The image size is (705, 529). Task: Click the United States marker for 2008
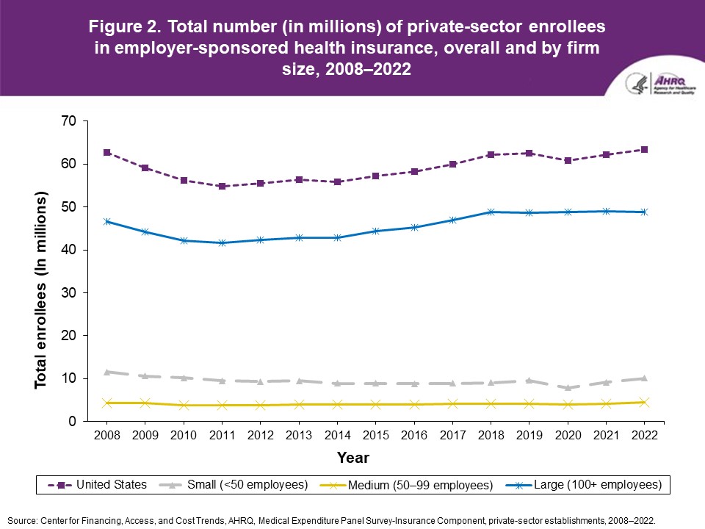[x=107, y=152]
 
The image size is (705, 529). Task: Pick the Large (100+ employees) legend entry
[x=587, y=485]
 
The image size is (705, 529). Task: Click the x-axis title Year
[x=353, y=457]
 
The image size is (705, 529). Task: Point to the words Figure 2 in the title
[x=125, y=27]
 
